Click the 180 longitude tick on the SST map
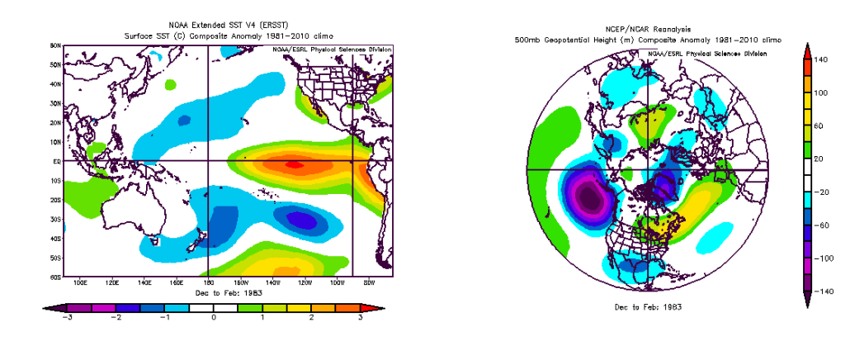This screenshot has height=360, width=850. [208, 282]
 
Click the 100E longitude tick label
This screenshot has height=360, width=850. [80, 282]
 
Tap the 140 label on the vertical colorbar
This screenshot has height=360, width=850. [820, 60]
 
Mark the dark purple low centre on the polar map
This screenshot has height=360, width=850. [588, 197]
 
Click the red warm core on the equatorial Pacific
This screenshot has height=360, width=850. [293, 163]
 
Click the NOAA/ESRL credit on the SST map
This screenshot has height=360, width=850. [331, 49]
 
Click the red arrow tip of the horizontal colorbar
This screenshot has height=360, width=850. [385, 307]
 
